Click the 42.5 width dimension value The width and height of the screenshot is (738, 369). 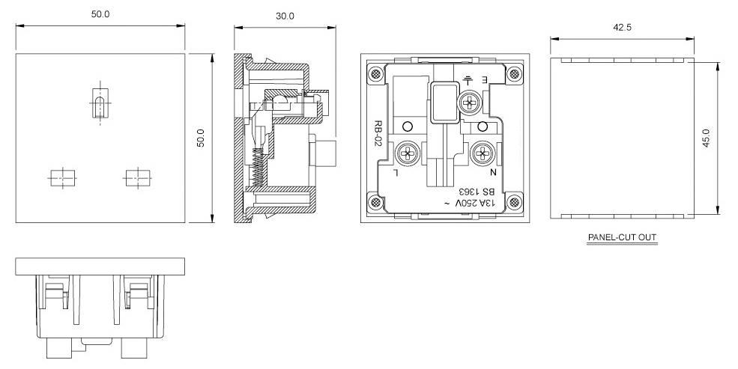[x=622, y=28]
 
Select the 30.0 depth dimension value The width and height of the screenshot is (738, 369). [x=285, y=16]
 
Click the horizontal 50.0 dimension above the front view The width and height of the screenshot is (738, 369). [x=100, y=14]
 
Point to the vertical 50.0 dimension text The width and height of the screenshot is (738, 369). [x=201, y=138]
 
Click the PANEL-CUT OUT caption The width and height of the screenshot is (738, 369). [x=622, y=238]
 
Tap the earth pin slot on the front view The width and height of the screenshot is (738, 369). [x=100, y=103]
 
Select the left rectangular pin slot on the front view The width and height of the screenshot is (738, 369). [x=63, y=178]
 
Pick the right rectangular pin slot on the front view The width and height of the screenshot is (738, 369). [x=137, y=178]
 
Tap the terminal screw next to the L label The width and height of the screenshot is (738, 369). [x=407, y=153]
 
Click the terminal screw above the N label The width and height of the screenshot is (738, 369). [x=482, y=153]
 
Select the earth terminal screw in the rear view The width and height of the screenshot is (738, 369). [x=468, y=102]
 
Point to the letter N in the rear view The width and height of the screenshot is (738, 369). [x=493, y=172]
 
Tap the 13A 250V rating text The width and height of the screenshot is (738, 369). [x=471, y=204]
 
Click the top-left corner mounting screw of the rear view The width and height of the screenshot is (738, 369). [x=375, y=74]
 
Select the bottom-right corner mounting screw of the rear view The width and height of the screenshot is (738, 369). [x=514, y=201]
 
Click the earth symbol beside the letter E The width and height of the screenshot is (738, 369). [x=468, y=80]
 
